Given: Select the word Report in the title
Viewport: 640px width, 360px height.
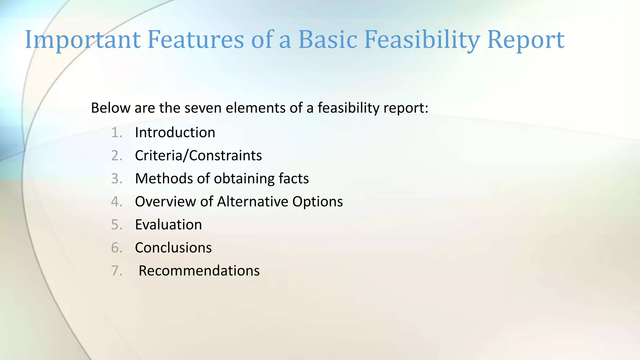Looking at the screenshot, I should click(x=526, y=40).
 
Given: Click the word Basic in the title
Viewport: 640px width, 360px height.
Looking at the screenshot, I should click(x=328, y=40).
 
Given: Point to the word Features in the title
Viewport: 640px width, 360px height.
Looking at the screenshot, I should click(x=196, y=40).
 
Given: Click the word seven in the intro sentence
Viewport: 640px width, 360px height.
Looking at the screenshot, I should click(x=203, y=108).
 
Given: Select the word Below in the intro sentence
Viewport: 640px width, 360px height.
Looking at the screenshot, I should click(x=111, y=108).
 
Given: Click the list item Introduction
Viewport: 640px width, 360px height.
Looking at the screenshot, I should click(x=175, y=133).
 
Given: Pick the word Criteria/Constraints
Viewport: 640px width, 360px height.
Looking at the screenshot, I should click(x=198, y=156).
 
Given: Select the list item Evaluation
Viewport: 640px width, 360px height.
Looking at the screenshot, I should click(x=168, y=225).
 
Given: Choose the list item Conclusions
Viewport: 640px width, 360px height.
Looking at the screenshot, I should click(x=173, y=248).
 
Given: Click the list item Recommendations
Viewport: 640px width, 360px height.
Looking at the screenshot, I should click(x=199, y=271).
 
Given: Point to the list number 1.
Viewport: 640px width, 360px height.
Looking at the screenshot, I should click(x=116, y=133).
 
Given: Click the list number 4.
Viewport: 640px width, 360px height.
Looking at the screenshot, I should click(x=116, y=202).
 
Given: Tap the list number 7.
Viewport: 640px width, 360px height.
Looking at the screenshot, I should click(x=116, y=271).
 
